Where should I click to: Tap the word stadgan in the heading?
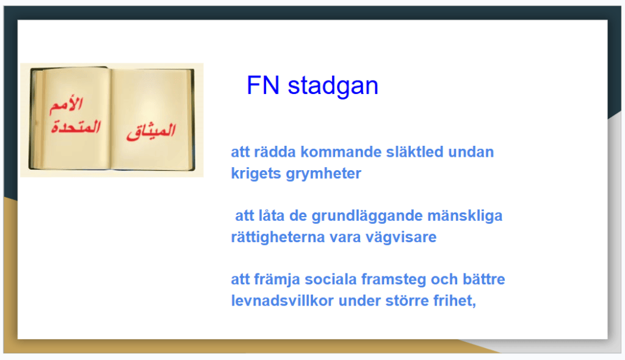click(333, 85)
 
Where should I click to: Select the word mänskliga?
click(464, 215)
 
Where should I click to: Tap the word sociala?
click(330, 279)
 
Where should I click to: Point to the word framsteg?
click(394, 280)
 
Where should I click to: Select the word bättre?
click(483, 279)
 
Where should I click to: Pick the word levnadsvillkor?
click(282, 301)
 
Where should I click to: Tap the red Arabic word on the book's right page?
click(151, 132)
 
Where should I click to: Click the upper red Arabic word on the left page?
click(66, 105)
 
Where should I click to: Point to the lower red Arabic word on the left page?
click(76, 127)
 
